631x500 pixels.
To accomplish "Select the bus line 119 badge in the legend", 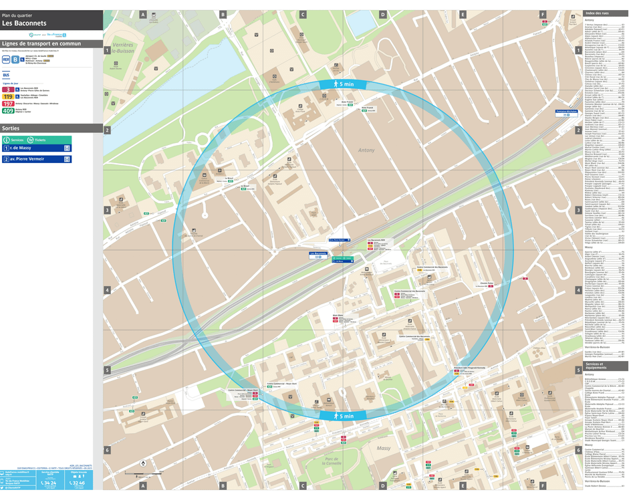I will click(x=9, y=96).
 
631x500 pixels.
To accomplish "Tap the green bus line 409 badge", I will click(x=9, y=111).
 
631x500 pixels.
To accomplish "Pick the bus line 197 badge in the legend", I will click(x=9, y=104).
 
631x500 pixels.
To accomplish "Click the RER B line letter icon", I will click(x=15, y=59).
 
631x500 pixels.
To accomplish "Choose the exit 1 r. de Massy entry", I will click(x=37, y=148).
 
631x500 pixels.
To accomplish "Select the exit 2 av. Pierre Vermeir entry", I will click(x=37, y=159).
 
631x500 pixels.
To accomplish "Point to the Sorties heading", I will click(x=11, y=128).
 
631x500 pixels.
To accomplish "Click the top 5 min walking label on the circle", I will click(x=345, y=84).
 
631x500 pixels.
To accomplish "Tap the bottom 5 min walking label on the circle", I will click(x=345, y=416).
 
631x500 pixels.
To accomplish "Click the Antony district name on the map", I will click(x=367, y=150).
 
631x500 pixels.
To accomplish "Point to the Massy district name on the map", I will click(x=383, y=448).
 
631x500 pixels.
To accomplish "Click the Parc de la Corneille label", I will click(x=332, y=461).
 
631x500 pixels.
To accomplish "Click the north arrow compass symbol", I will click(x=142, y=463).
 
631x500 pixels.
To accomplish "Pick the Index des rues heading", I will click(x=598, y=13).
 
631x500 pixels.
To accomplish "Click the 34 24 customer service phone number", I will click(x=49, y=483).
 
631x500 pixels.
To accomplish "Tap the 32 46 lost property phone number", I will click(x=78, y=483).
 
